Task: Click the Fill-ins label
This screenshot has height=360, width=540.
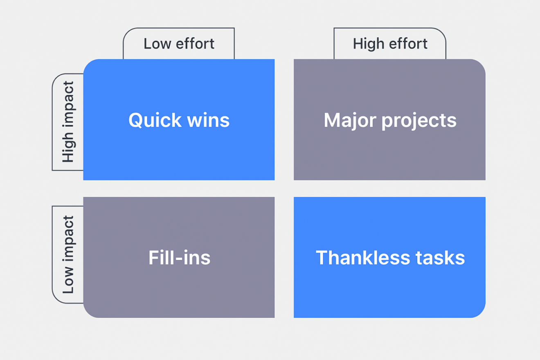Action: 179,258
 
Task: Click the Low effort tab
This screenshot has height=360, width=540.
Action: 179,44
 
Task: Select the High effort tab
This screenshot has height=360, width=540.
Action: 390,44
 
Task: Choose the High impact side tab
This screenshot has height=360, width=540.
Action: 68,122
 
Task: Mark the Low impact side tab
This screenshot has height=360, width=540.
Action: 68,254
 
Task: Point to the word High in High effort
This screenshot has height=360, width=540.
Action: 368,44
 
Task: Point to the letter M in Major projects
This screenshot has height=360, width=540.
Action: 332,120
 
